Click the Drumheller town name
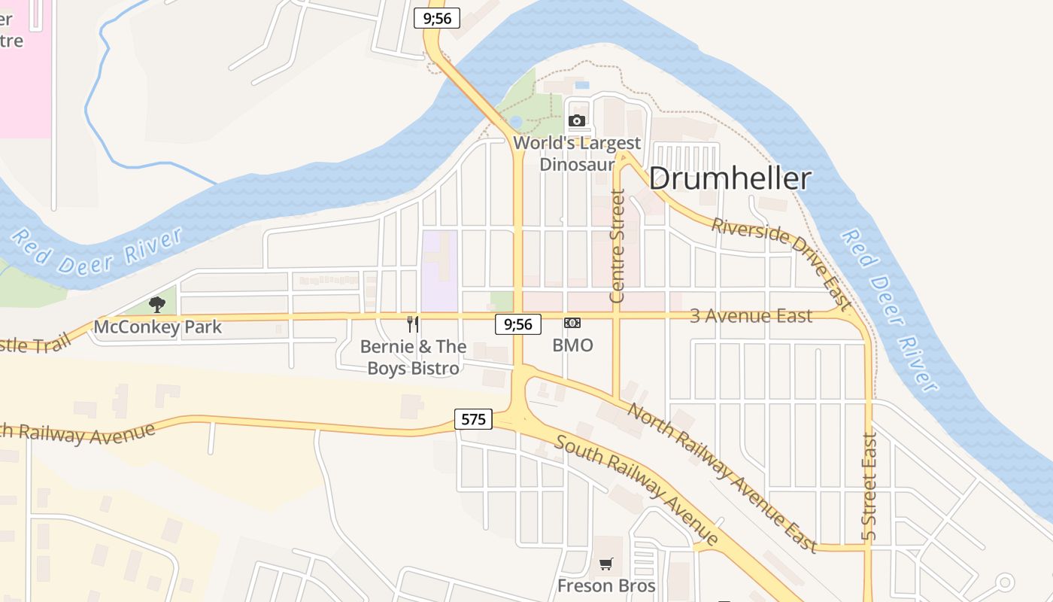tap(730, 179)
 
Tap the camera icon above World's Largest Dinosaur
tap(577, 121)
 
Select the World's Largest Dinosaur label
tap(577, 153)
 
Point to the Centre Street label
tap(618, 246)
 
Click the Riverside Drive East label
tap(782, 263)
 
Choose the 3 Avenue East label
tap(751, 316)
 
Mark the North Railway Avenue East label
tap(722, 477)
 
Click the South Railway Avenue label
tap(636, 490)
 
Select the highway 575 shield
tap(473, 419)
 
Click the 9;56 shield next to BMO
tap(518, 324)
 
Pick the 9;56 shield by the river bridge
tap(437, 18)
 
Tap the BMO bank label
tap(572, 345)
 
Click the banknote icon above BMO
tap(572, 324)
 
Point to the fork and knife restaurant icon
tap(412, 324)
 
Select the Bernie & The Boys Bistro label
tap(413, 357)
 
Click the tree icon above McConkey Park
tap(157, 305)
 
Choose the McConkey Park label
tap(158, 327)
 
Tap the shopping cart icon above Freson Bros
tap(606, 564)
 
